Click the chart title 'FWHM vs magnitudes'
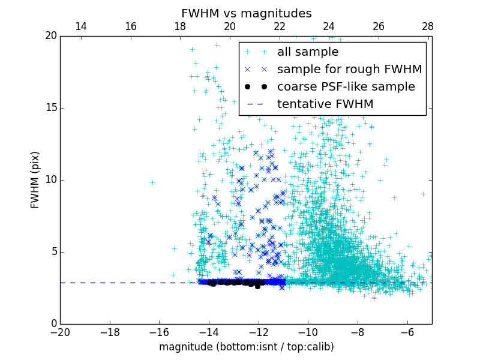point(246,13)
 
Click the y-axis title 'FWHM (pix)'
point(35,179)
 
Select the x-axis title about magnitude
point(246,347)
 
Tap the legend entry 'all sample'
point(308,52)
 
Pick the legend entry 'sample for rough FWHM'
point(349,70)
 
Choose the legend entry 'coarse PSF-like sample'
point(346,87)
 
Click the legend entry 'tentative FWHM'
point(325,104)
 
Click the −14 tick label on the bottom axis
point(208,332)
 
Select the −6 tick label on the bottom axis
point(407,332)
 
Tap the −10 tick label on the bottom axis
point(308,332)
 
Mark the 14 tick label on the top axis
point(80,26)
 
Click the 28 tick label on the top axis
point(428,26)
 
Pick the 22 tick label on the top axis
point(279,26)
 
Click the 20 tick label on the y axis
point(51,36)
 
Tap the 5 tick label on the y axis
point(53,252)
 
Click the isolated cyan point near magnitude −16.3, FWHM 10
point(152,182)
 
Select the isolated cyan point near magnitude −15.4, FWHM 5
point(174,248)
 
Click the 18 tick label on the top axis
point(180,26)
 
